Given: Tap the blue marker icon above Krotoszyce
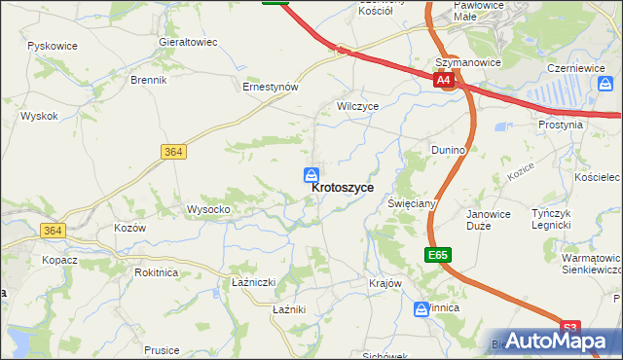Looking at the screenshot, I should click(x=311, y=174).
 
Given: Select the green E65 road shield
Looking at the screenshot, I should click(x=438, y=255).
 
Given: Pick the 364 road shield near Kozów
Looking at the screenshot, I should click(x=53, y=230).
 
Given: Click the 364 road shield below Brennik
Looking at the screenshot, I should click(x=173, y=152).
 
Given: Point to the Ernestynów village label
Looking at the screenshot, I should click(x=270, y=86).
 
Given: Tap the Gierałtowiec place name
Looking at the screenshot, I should click(x=188, y=43).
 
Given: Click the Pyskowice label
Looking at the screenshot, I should click(x=53, y=46).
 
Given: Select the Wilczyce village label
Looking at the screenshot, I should click(x=357, y=106).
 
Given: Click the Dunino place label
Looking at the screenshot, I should click(x=449, y=150).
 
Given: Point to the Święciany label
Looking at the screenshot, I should click(x=411, y=204).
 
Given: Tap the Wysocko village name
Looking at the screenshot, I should click(x=208, y=209).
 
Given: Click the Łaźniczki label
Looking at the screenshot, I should click(x=255, y=282).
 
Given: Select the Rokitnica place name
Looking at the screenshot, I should click(x=156, y=272).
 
